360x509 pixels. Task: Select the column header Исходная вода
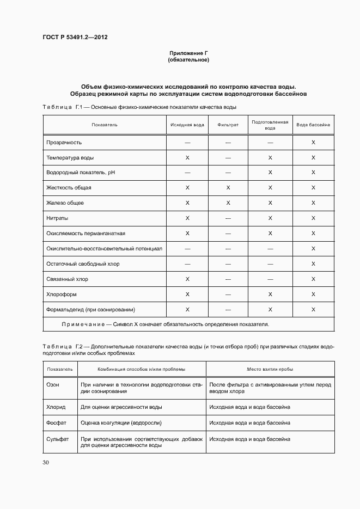pos(187,125)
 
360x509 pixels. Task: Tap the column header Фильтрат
pos(228,125)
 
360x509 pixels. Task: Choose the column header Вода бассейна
pos(313,125)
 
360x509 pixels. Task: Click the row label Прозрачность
pos(64,142)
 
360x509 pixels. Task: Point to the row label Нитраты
pos(58,218)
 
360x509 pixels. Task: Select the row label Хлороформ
pos(61,294)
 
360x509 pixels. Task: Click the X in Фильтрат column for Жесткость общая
pos(228,188)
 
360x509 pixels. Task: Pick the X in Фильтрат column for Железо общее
pos(228,203)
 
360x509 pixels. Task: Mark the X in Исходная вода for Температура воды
pos(187,157)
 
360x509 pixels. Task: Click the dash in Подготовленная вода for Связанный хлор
pos(270,279)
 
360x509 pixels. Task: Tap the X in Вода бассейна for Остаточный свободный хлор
pos(313,263)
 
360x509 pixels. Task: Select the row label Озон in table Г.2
pos(53,384)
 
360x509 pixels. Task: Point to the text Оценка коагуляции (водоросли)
pos(121,422)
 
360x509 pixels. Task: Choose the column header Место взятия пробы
pos(270,369)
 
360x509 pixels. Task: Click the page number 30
pos(46,462)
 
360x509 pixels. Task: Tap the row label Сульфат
pos(58,439)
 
